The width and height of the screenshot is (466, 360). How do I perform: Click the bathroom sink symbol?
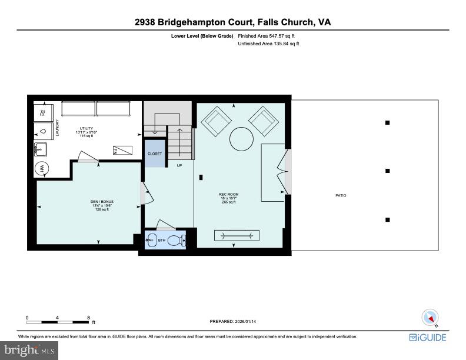(x=151, y=240)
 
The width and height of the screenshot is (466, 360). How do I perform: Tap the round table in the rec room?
(x=240, y=139)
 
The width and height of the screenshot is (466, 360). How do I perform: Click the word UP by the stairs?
(x=179, y=165)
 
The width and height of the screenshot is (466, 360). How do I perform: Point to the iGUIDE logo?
(x=428, y=337)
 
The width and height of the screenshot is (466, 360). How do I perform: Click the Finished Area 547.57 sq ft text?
(x=265, y=36)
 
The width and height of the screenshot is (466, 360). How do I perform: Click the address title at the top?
(x=232, y=22)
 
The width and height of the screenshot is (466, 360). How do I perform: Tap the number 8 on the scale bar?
(x=88, y=317)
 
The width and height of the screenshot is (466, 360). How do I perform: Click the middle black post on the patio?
(x=388, y=171)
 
